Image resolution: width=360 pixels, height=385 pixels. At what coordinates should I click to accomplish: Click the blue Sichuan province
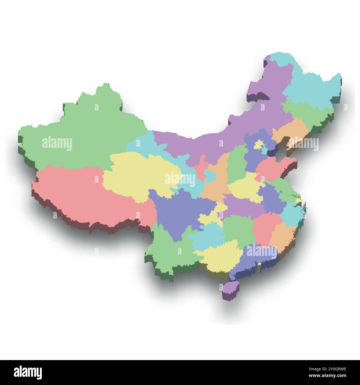coord(177,211)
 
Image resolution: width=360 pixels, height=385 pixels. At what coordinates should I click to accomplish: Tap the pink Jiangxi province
coord(264,227)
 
